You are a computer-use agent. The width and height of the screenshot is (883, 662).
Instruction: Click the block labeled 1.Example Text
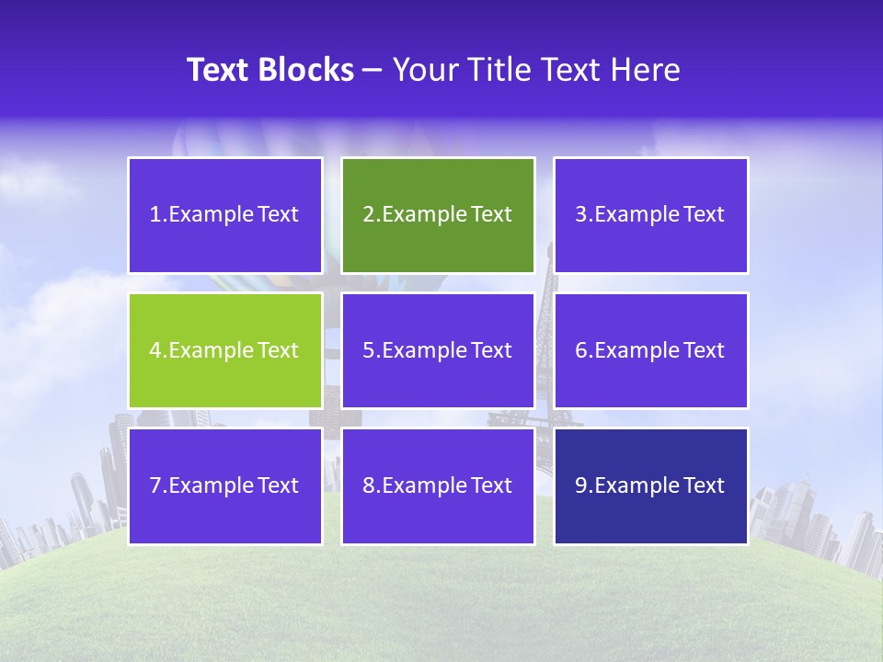click(x=225, y=215)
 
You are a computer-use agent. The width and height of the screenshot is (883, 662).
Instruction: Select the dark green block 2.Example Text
click(x=438, y=215)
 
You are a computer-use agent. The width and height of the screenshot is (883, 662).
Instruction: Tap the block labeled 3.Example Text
click(x=650, y=215)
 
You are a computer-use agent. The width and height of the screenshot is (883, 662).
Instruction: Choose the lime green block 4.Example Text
click(x=225, y=350)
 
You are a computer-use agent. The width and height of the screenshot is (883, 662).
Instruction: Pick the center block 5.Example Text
click(x=438, y=350)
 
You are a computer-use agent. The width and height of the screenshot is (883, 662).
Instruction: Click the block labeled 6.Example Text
click(x=650, y=350)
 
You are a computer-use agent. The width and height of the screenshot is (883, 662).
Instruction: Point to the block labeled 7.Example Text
click(x=225, y=485)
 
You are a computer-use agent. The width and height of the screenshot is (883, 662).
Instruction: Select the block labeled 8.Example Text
click(x=438, y=485)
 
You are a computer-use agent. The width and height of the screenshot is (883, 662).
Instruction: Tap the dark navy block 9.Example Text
click(x=650, y=485)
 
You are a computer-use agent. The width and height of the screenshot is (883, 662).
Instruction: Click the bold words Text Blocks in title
click(x=270, y=70)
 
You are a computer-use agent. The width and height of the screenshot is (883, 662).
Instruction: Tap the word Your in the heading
click(x=425, y=70)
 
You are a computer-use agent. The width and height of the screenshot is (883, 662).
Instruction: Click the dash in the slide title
click(x=373, y=70)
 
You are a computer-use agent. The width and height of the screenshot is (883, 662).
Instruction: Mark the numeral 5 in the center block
click(x=368, y=350)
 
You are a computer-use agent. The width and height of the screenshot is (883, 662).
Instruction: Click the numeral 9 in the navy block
click(x=580, y=485)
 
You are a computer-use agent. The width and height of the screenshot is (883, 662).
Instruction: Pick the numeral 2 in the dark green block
click(x=368, y=215)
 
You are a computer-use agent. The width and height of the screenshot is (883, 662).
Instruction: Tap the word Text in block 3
click(x=704, y=215)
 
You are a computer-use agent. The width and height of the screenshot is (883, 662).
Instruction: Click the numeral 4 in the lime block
click(x=155, y=350)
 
